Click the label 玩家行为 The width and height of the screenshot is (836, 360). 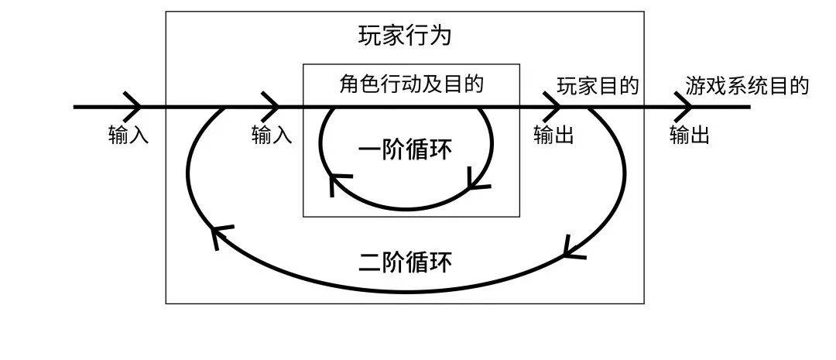pyautogui.click(x=405, y=36)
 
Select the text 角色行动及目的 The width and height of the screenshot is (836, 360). pyautogui.click(x=411, y=84)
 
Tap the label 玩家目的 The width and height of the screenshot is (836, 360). pyautogui.click(x=598, y=86)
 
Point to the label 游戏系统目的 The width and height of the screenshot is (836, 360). pyautogui.click(x=747, y=85)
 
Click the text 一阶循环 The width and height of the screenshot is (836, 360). pyautogui.click(x=406, y=149)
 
